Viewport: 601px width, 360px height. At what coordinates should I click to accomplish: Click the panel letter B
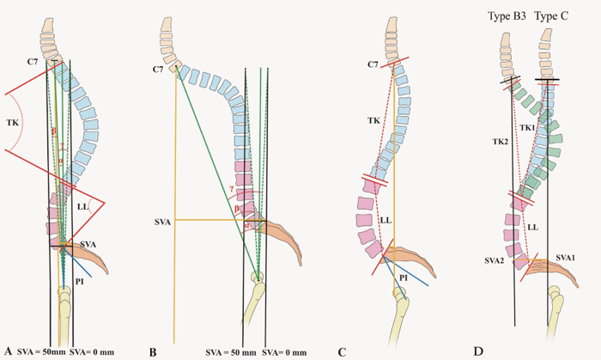click(154, 351)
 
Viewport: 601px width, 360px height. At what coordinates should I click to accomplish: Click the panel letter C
click(342, 350)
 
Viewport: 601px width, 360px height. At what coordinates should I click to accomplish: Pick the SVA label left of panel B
click(162, 222)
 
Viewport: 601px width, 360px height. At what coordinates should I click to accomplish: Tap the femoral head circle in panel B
click(258, 277)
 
